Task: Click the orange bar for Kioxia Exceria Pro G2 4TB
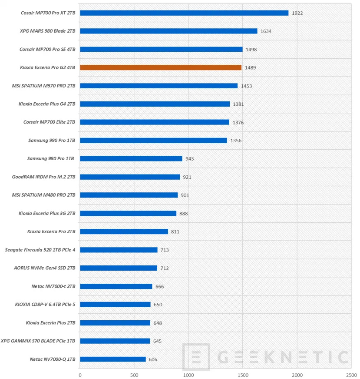pyautogui.click(x=161, y=67)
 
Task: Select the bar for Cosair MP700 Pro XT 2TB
pyautogui.click(x=184, y=13)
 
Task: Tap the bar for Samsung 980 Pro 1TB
pyautogui.click(x=131, y=158)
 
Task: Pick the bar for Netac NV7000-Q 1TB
pyautogui.click(x=113, y=359)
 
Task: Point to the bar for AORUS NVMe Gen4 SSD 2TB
pyautogui.click(x=119, y=268)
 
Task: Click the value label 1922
pyautogui.click(x=297, y=13)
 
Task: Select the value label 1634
pyautogui.click(x=266, y=31)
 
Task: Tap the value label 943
pyautogui.click(x=189, y=159)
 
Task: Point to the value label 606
pyautogui.click(x=153, y=359)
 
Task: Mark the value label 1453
pyautogui.click(x=246, y=86)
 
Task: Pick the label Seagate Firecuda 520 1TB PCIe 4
pyautogui.click(x=40, y=250)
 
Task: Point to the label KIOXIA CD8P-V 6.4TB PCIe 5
pyautogui.click(x=45, y=304)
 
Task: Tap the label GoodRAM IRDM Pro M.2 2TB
pyautogui.click(x=44, y=177)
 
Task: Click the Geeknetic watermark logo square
pyautogui.click(x=196, y=357)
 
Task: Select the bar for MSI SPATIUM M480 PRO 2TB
pyautogui.click(x=129, y=195)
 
